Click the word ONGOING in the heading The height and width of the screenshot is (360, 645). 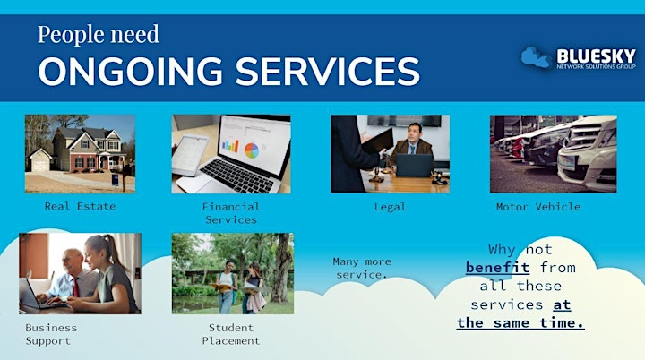click(x=131, y=71)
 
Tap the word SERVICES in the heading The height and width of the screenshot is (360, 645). click(x=328, y=71)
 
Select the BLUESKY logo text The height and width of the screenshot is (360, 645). click(x=596, y=56)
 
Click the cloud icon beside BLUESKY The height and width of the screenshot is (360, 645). click(x=536, y=56)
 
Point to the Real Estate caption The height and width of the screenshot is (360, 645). click(x=80, y=206)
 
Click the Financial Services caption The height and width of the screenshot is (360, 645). click(x=231, y=213)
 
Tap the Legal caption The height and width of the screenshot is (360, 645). click(x=390, y=207)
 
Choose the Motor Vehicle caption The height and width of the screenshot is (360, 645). click(x=538, y=207)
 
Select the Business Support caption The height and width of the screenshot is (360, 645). click(x=51, y=334)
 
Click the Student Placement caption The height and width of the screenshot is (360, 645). click(x=231, y=334)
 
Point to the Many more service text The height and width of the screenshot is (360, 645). click(x=362, y=268)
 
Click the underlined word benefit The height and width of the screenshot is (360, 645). click(x=497, y=268)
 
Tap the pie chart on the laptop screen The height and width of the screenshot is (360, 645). click(x=252, y=150)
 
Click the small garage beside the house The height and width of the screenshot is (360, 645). click(x=40, y=160)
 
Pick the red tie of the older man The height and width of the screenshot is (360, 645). click(x=75, y=287)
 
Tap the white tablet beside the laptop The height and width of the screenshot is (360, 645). click(x=190, y=155)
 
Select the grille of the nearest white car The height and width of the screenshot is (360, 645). click(x=581, y=134)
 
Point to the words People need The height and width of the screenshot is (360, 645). click(x=99, y=35)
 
